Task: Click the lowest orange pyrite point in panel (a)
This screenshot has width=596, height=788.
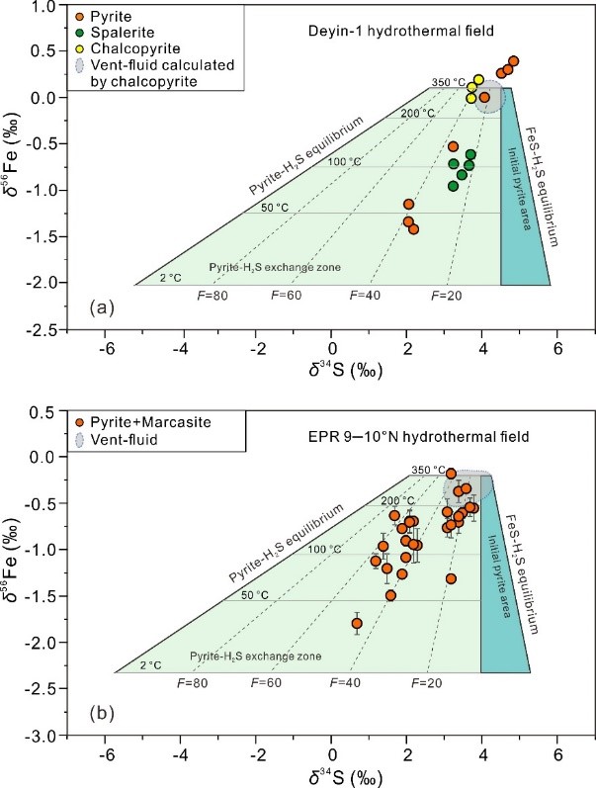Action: pyautogui.click(x=413, y=229)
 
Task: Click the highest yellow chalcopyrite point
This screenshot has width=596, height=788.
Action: pyautogui.click(x=478, y=79)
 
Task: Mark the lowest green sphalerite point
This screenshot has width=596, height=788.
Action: pyautogui.click(x=454, y=186)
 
